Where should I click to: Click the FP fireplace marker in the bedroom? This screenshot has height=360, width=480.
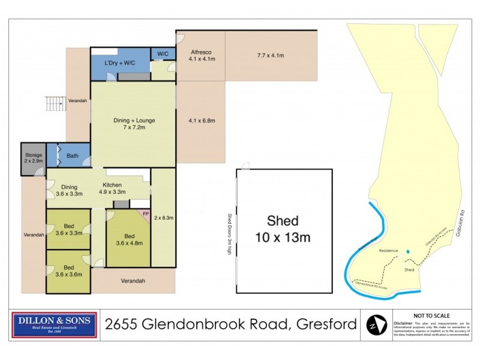tap(145, 213)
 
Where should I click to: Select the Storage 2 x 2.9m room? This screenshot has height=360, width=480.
tap(33, 159)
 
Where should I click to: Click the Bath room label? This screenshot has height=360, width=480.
tap(73, 156)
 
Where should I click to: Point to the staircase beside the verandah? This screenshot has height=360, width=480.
tap(55, 104)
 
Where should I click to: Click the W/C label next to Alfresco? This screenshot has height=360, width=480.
tap(163, 54)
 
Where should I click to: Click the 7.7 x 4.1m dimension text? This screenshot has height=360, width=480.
tap(271, 56)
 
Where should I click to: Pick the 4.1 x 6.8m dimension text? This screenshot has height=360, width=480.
tap(201, 121)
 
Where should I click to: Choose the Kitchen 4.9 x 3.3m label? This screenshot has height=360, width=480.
tap(113, 188)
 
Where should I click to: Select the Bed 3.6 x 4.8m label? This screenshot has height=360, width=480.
tap(127, 239)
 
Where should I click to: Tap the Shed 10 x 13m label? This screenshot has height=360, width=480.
tap(284, 230)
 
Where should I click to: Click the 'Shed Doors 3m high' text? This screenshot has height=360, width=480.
tap(229, 235)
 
